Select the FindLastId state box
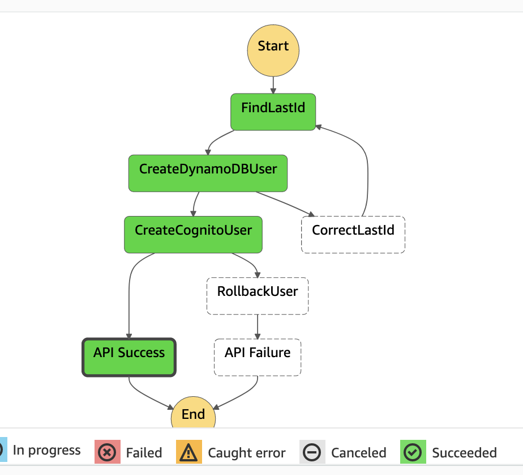point(273,112)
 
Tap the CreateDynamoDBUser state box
point(208,173)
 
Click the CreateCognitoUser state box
point(193,234)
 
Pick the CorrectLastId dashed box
point(353,234)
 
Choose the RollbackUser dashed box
point(258,295)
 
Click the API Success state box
point(129,357)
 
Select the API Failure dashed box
point(258,357)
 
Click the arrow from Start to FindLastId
point(273,85)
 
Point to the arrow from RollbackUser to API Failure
point(258,326)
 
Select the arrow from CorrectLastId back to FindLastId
point(367,170)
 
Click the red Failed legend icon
point(108,452)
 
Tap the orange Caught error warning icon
point(189,452)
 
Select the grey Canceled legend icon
point(312,452)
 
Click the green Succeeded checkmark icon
point(413,452)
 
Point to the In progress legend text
point(46,451)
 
